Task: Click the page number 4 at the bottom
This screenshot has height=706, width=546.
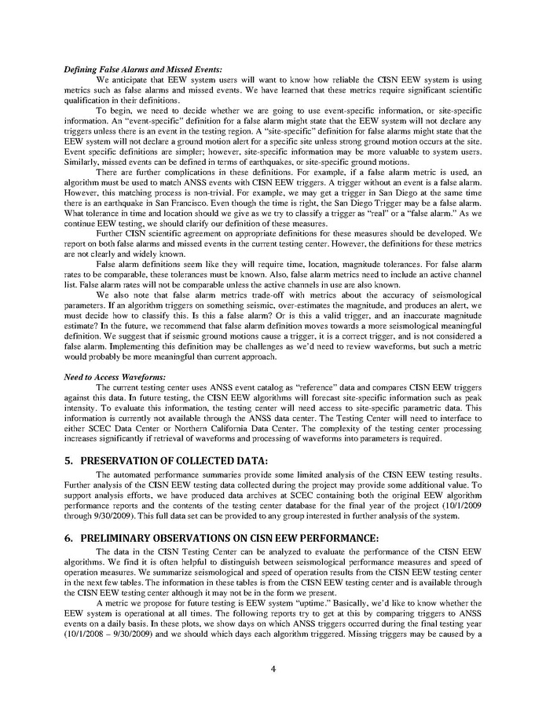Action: pyautogui.click(x=273, y=669)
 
